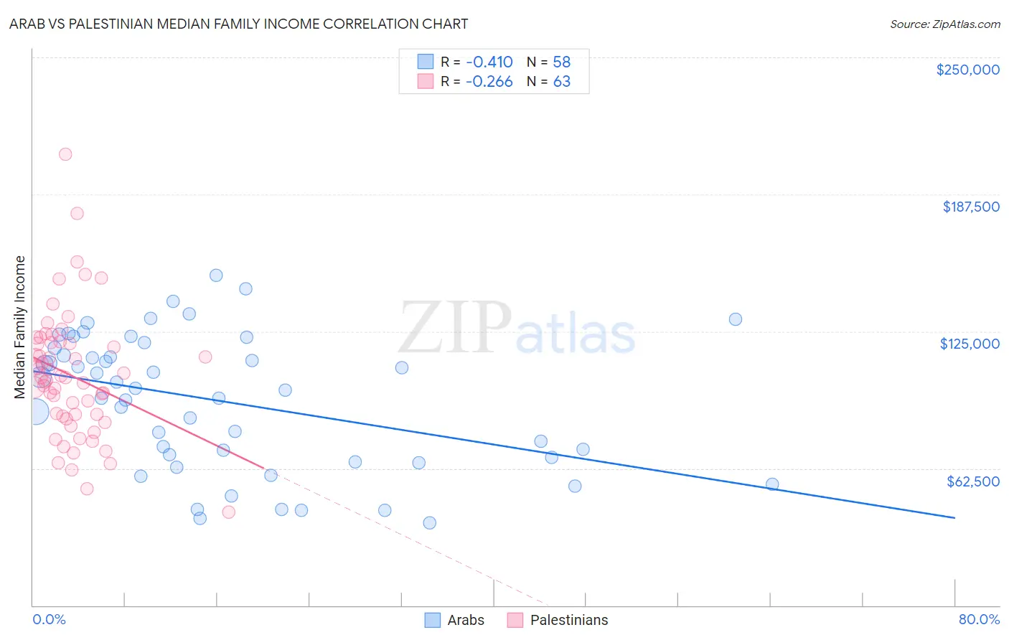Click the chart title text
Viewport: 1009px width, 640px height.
point(238,24)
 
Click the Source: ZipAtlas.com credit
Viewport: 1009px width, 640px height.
point(944,24)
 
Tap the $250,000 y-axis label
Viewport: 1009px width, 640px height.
point(967,70)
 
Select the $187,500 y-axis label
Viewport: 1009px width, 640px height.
point(970,207)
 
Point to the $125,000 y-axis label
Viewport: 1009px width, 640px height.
point(970,344)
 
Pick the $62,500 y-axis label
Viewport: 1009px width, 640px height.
point(972,481)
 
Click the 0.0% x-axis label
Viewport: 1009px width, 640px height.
point(49,619)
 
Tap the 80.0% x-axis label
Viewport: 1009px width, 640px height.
point(979,619)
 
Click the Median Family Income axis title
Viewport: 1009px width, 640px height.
point(19,326)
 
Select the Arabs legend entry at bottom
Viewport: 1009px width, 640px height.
point(454,620)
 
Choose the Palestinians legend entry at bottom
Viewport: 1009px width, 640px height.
point(558,620)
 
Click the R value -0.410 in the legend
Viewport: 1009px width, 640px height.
point(489,62)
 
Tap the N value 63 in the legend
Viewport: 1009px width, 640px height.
point(561,82)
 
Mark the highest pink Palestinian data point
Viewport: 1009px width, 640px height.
point(65,154)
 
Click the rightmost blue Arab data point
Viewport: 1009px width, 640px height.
point(772,484)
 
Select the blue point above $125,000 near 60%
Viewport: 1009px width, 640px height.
point(736,319)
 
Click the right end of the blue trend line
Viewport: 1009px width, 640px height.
point(954,517)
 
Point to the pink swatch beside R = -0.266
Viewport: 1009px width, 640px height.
point(426,82)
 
